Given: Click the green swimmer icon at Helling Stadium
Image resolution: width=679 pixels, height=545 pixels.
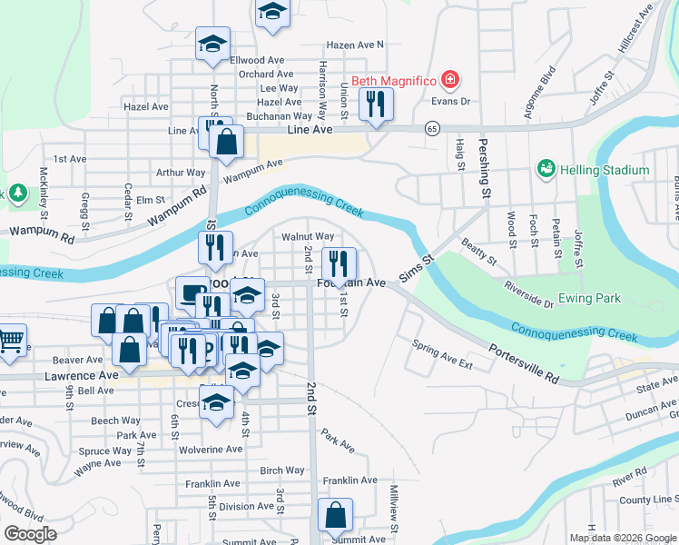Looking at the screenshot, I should click(x=546, y=169).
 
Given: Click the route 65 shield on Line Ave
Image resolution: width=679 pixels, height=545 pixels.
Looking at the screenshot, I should click(x=433, y=129).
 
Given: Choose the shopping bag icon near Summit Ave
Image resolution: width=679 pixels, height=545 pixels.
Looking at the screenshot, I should click(x=335, y=514).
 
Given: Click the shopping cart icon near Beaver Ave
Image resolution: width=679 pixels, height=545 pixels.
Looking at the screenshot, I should click(x=11, y=341).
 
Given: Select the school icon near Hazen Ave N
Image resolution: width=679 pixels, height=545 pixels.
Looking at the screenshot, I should click(x=271, y=15).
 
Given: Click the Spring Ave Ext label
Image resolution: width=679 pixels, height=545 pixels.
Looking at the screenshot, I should click(x=442, y=354).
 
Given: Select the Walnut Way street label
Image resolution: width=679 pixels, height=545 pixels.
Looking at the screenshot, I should click(x=308, y=237).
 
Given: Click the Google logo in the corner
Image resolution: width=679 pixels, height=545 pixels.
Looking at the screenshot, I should click(x=30, y=534).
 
